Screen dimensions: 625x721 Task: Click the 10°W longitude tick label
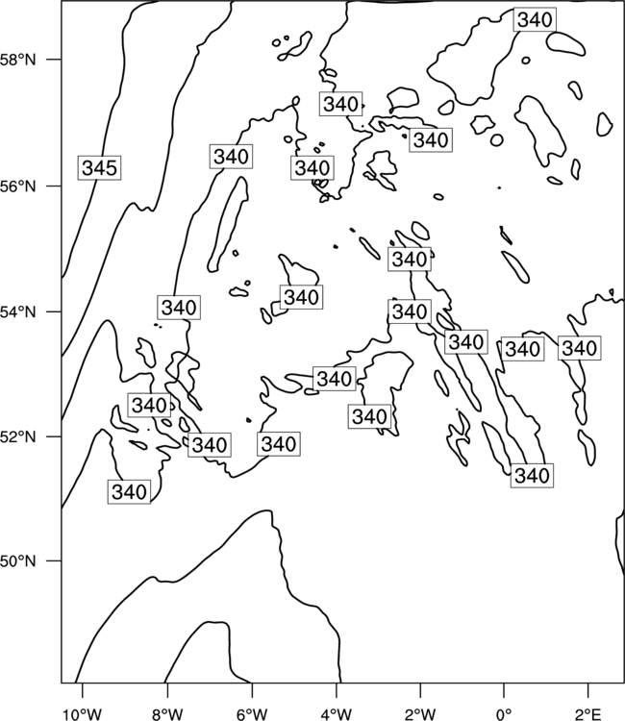click(x=83, y=713)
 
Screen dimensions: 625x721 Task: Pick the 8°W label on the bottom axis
click(x=167, y=713)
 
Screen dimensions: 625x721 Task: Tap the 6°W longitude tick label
click(x=252, y=713)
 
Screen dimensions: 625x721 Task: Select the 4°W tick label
click(x=337, y=713)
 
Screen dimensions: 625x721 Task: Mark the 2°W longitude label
click(x=420, y=713)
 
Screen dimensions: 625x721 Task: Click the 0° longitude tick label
click(x=504, y=713)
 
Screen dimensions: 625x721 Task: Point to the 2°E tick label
click(x=588, y=713)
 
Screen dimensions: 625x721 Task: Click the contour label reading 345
click(x=99, y=168)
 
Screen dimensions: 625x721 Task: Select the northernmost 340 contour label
click(x=535, y=20)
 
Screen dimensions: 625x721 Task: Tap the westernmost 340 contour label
click(x=129, y=492)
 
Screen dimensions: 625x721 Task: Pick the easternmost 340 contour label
click(x=580, y=348)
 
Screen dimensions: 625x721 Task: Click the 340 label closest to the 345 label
click(x=231, y=157)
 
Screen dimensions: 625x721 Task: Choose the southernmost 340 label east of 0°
click(x=532, y=476)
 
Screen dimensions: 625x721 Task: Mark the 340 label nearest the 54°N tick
click(x=179, y=308)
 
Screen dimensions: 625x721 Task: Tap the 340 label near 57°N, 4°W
click(x=340, y=104)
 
